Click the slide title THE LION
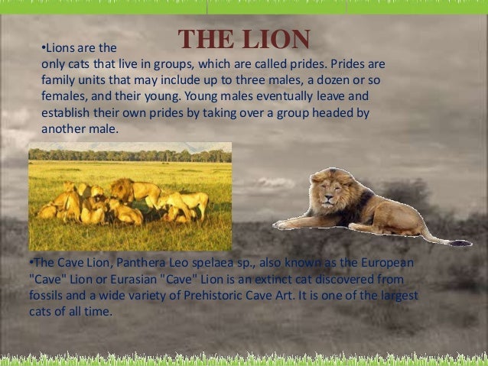(x=244, y=40)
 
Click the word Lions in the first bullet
(x=63, y=49)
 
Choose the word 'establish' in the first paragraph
(x=66, y=113)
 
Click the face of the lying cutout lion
(x=334, y=196)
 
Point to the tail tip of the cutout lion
(x=460, y=243)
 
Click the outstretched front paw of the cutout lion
(x=284, y=225)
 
